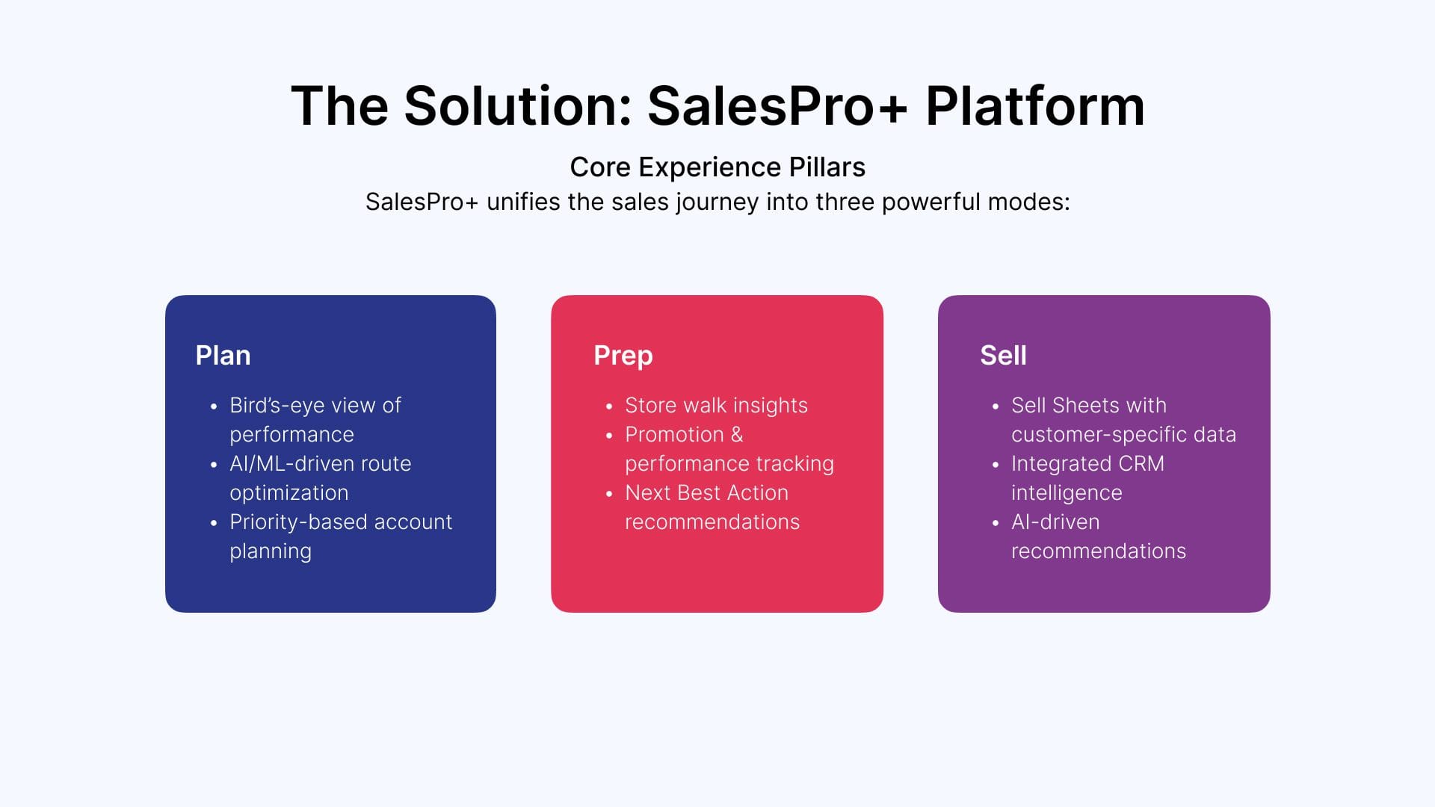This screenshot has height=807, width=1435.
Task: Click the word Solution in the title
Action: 518,105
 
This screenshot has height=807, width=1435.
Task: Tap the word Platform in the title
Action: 1035,105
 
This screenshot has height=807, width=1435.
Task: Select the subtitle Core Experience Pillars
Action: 717,167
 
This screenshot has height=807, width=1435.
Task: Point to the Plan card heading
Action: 223,355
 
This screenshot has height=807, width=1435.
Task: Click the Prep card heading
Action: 623,356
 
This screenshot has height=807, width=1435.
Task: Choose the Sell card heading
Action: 1003,355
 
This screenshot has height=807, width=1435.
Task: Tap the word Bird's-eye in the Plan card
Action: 277,406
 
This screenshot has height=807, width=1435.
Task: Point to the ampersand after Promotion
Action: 737,435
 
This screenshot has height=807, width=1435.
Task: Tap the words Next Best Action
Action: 706,493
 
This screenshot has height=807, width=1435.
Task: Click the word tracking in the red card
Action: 795,464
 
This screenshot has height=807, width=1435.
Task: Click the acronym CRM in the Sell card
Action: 1141,464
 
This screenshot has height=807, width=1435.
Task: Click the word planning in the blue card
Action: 271,551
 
